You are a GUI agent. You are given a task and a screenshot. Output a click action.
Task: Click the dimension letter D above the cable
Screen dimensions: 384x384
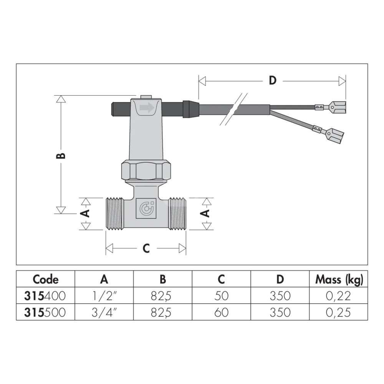(x=273, y=80)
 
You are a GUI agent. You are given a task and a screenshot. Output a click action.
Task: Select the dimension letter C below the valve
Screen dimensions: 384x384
(x=146, y=248)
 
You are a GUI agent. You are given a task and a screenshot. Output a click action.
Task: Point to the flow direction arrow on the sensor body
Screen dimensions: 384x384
(x=147, y=108)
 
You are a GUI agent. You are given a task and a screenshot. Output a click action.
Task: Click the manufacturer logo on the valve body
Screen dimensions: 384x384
(x=146, y=208)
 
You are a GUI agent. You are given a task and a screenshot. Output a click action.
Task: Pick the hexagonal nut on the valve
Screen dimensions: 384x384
(x=146, y=169)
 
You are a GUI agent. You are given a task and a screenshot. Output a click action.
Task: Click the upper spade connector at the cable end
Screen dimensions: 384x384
(x=330, y=107)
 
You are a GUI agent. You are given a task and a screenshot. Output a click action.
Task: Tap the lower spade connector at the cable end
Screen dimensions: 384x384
(x=328, y=133)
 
